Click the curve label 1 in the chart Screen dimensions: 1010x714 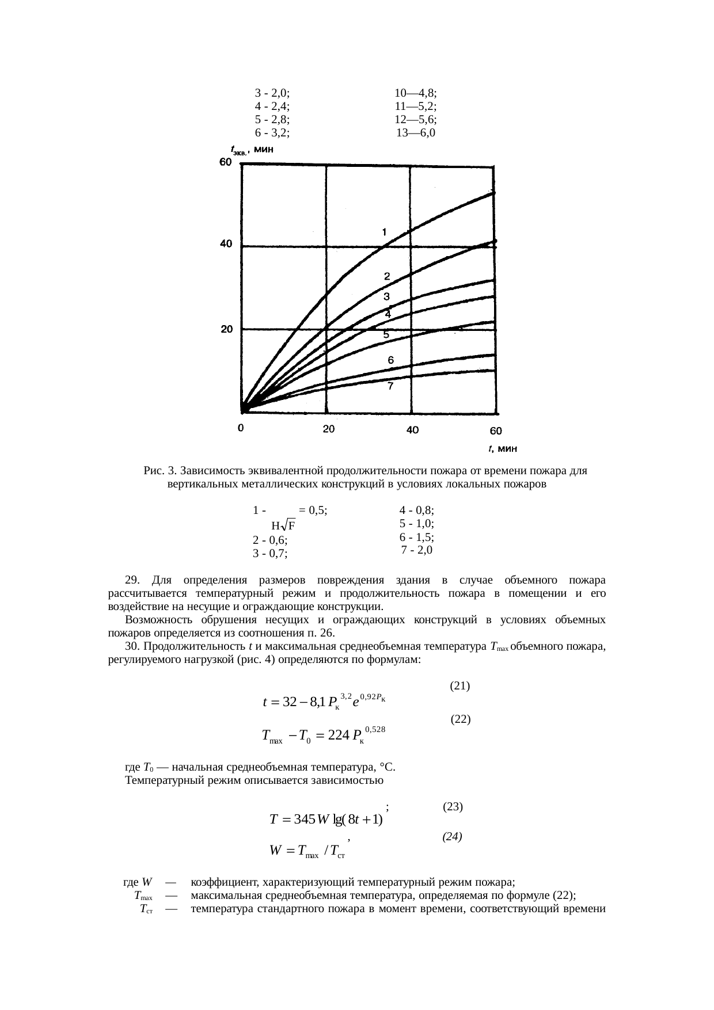coord(384,233)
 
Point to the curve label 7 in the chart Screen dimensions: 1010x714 coord(390,387)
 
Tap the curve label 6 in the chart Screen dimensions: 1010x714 coord(390,360)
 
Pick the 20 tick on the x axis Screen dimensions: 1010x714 coord(328,429)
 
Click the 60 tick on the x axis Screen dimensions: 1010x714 coord(496,430)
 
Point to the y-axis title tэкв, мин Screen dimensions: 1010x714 coord(251,150)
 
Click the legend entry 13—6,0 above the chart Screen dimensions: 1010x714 coord(416,134)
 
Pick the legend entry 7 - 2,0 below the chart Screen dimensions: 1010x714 coord(416,550)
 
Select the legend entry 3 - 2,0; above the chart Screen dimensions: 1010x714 coord(272,93)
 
